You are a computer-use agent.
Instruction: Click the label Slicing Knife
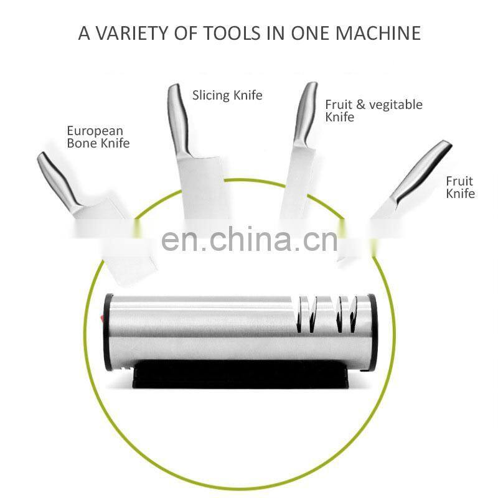[x=227, y=95]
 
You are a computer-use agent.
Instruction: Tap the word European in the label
[x=95, y=131]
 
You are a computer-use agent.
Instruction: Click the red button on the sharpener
[x=103, y=319]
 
